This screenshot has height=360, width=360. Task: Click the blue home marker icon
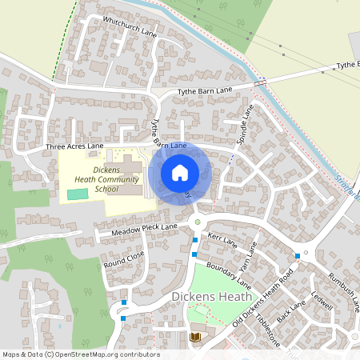[x=180, y=172]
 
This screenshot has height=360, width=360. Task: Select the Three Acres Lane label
[x=74, y=147]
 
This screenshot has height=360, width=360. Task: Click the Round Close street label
[x=124, y=258]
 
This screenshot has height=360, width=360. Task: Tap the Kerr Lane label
[x=223, y=239]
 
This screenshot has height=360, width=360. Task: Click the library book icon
[x=194, y=338]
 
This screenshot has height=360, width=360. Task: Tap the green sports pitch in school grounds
[x=78, y=194]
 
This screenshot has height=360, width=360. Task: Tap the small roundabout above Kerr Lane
[x=198, y=222]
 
